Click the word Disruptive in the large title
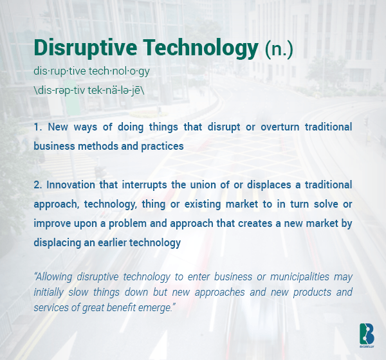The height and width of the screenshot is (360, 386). pyautogui.click(x=86, y=48)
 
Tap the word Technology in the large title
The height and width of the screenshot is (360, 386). pyautogui.click(x=201, y=48)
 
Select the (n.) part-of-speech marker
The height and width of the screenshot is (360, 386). pyautogui.click(x=279, y=49)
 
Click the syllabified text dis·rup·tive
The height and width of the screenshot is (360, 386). pyautogui.click(x=60, y=71)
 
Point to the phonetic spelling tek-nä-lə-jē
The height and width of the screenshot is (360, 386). pyautogui.click(x=115, y=90)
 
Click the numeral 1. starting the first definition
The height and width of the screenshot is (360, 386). pyautogui.click(x=38, y=127)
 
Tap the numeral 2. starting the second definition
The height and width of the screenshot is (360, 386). pyautogui.click(x=38, y=184)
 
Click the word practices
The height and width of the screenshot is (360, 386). pyautogui.click(x=162, y=147)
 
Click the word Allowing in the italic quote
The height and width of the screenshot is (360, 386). pyautogui.click(x=53, y=277)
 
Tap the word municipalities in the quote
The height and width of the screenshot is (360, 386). pyautogui.click(x=300, y=277)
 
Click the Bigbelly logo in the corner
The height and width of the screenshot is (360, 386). pyautogui.click(x=367, y=336)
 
